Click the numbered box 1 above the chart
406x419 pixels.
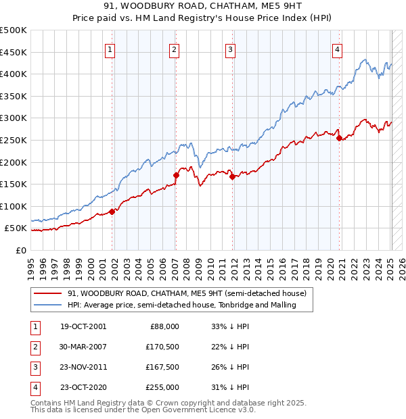pos(110,48)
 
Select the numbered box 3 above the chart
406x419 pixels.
pos(230,48)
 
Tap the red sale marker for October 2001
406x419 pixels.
pos(112,212)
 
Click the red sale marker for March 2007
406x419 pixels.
pos(176,175)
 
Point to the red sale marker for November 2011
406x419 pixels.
pos(232,176)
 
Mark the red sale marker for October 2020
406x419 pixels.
pos(339,138)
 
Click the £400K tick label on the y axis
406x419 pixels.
pos(14,74)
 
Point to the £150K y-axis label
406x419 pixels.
pos(14,184)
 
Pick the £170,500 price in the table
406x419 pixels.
pos(162,347)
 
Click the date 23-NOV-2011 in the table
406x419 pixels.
pos(83,368)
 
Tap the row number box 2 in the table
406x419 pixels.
pos(33,347)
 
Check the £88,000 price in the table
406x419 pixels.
pos(164,326)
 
